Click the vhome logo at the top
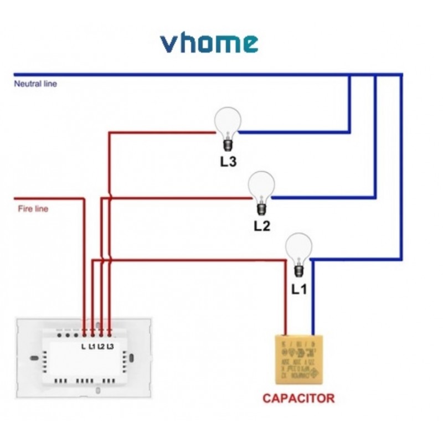(209, 43)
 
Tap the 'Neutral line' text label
(35, 84)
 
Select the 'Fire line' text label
(33, 209)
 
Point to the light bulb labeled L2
(261, 187)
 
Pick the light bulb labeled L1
(298, 249)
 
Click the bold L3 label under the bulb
(228, 163)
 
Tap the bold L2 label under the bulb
(262, 226)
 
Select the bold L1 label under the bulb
(299, 289)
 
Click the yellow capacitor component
(299, 360)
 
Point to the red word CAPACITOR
(298, 398)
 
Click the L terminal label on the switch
(84, 347)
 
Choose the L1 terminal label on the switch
(92, 347)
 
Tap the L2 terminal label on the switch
(101, 347)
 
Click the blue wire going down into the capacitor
(312, 305)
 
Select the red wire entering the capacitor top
(286, 305)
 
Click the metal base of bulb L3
(227, 146)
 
